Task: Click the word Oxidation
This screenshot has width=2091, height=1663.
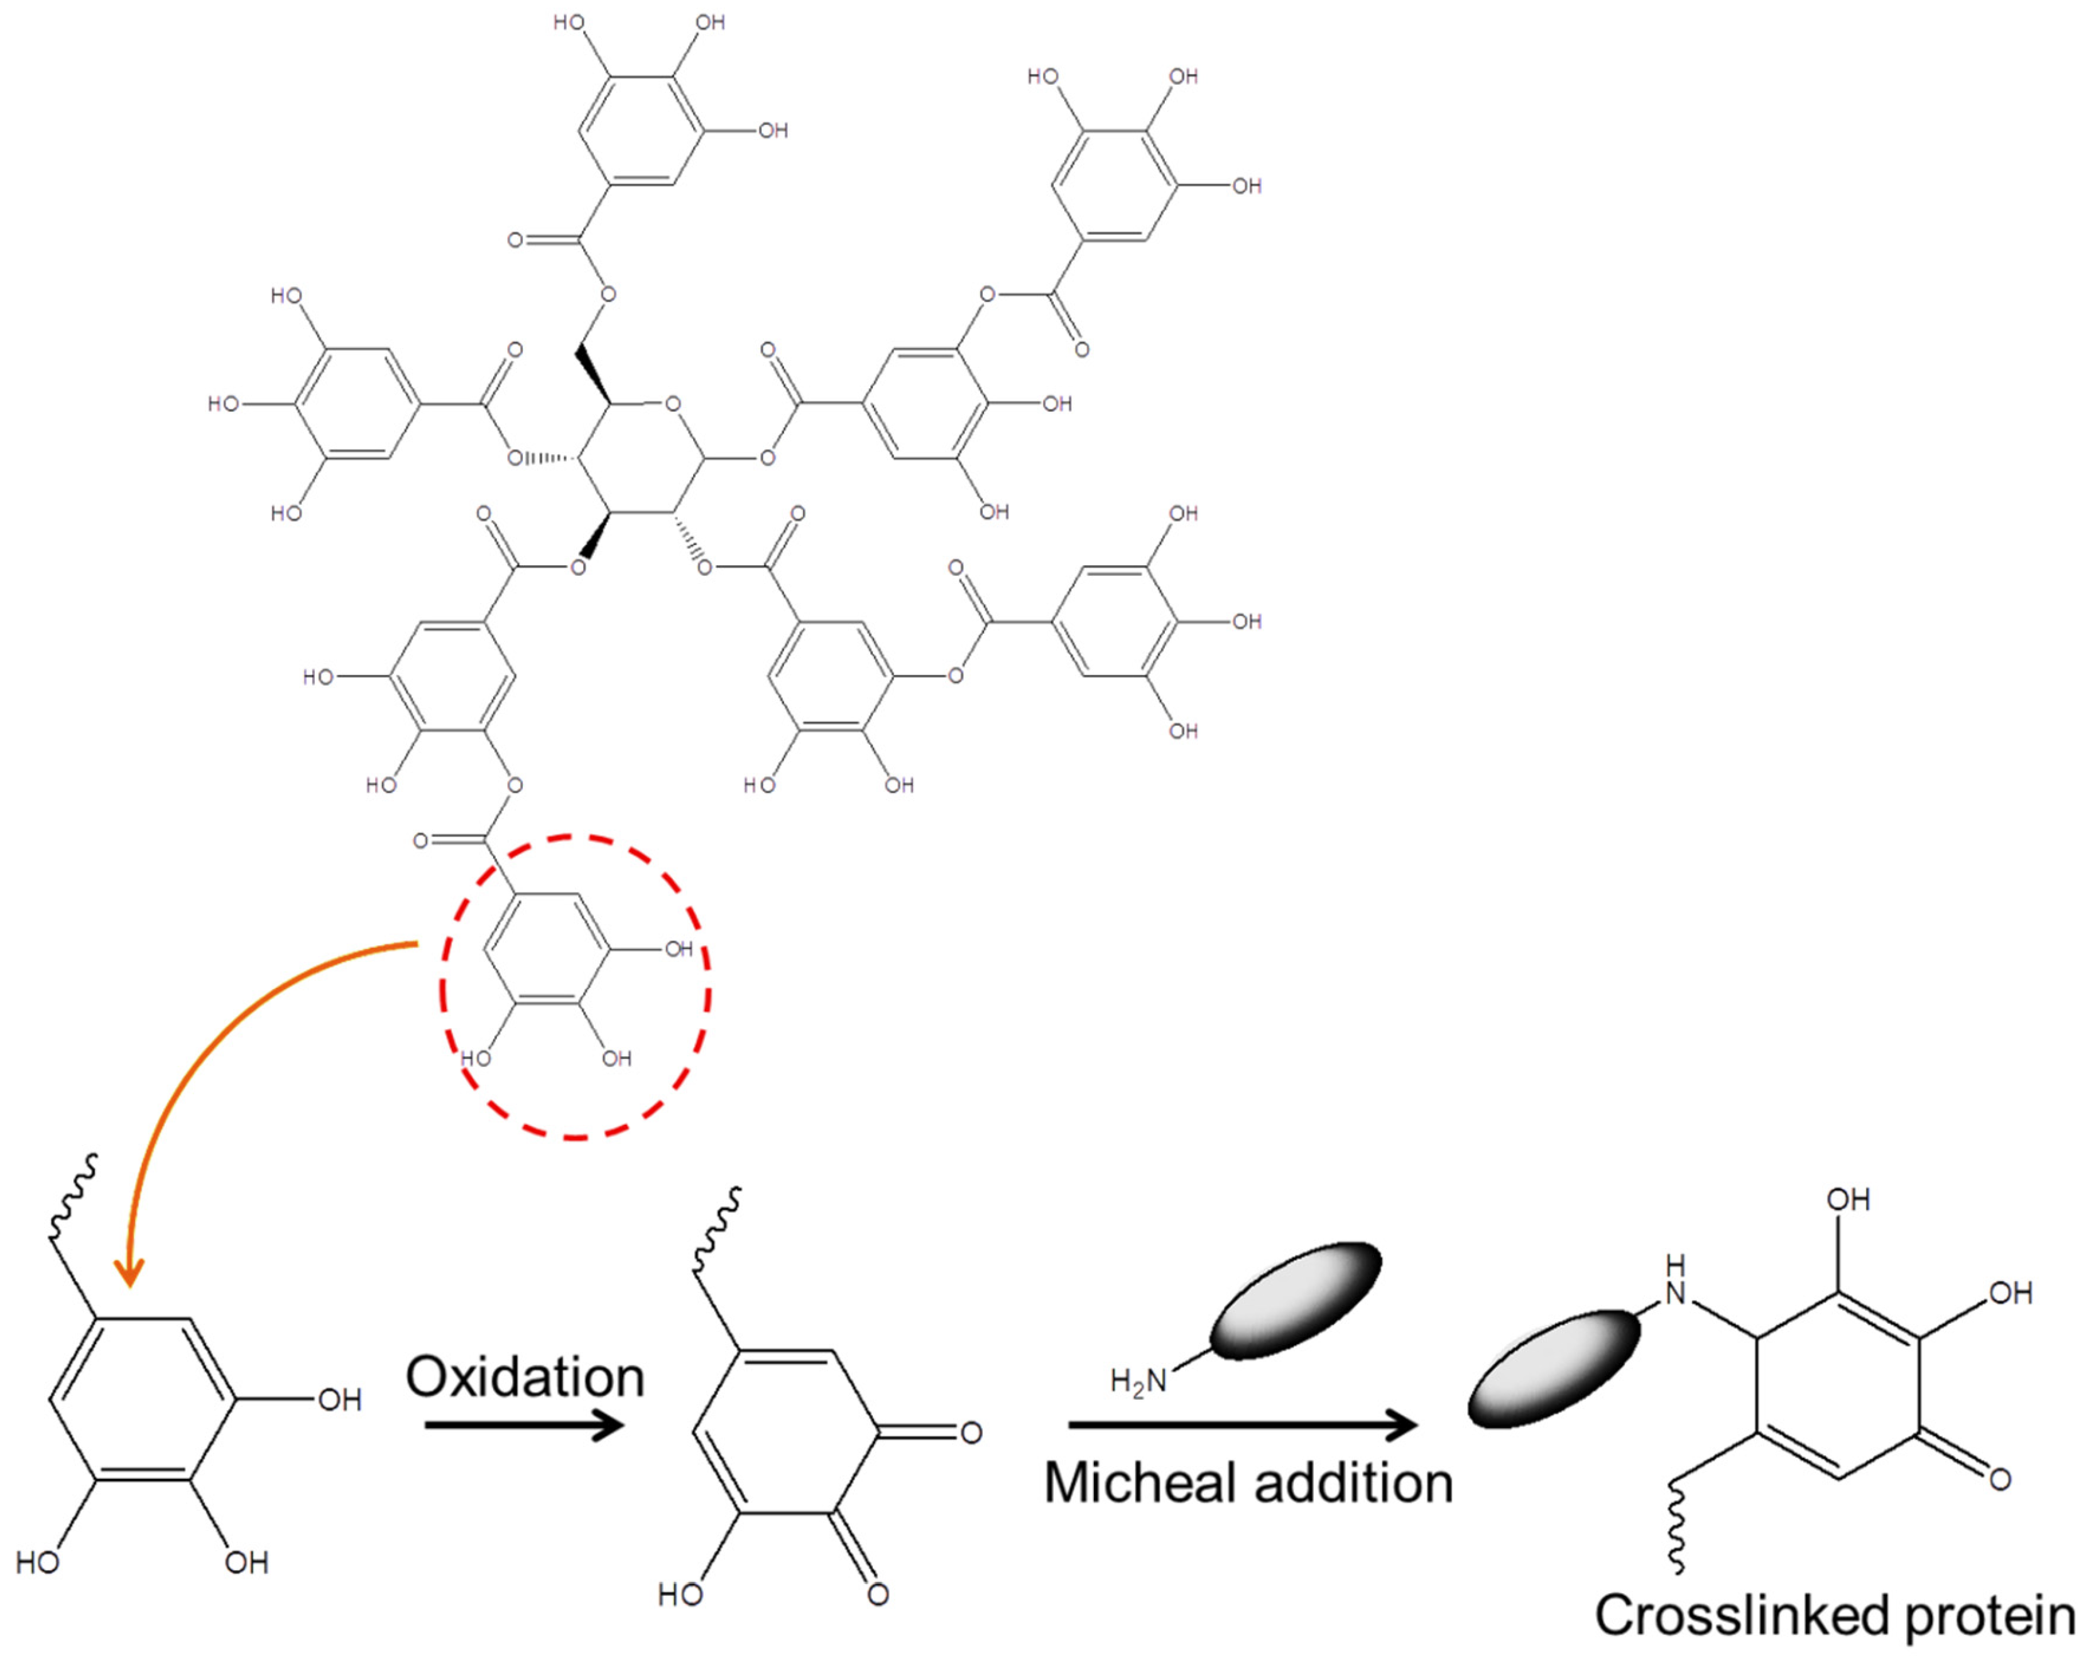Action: tap(525, 1377)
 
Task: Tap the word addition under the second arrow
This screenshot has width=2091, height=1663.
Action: tap(1353, 1483)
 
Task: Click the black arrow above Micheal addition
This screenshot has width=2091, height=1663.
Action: tap(1242, 1424)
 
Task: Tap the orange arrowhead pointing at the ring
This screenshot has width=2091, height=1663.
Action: tap(129, 1271)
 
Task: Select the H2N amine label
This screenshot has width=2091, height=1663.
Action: tap(1138, 1381)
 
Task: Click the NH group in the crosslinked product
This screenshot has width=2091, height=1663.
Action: tap(1676, 1280)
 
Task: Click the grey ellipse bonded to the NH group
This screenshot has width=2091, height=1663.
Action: tap(1554, 1368)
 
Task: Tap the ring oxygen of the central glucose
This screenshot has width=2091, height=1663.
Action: tap(673, 403)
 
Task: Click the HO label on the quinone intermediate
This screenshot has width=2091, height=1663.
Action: tap(679, 1594)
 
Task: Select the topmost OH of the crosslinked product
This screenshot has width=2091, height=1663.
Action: tap(1848, 1200)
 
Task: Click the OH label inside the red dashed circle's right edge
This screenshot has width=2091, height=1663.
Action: tap(679, 948)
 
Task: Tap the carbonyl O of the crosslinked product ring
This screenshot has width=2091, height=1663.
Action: tap(2000, 1480)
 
